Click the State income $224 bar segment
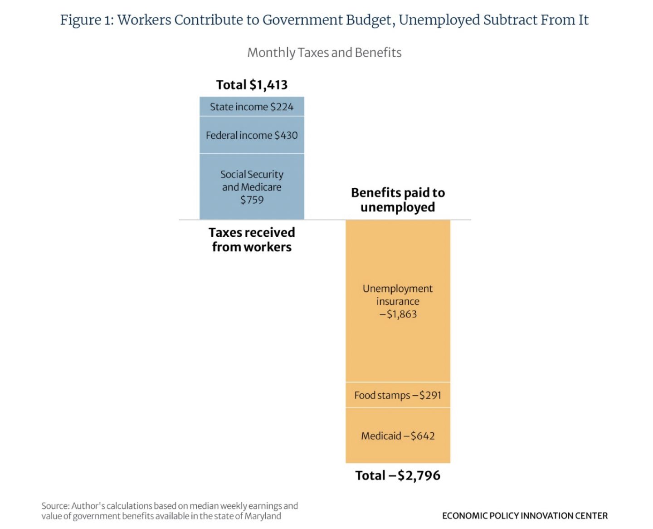[x=252, y=107]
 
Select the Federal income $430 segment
[x=252, y=135]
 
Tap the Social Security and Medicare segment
[x=252, y=187]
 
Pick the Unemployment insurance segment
[x=398, y=301]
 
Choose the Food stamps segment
[x=398, y=395]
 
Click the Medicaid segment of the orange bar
[x=398, y=436]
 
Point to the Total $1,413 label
[x=252, y=85]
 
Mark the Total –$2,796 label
[x=398, y=475]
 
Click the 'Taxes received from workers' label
[x=252, y=240]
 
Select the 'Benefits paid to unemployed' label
[x=398, y=200]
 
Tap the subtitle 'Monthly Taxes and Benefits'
[x=324, y=53]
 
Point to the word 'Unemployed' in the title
[x=439, y=20]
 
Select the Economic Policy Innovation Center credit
[x=525, y=516]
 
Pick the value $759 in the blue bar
[x=252, y=200]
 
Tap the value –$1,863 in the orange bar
[x=398, y=314]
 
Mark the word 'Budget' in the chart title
[x=369, y=20]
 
